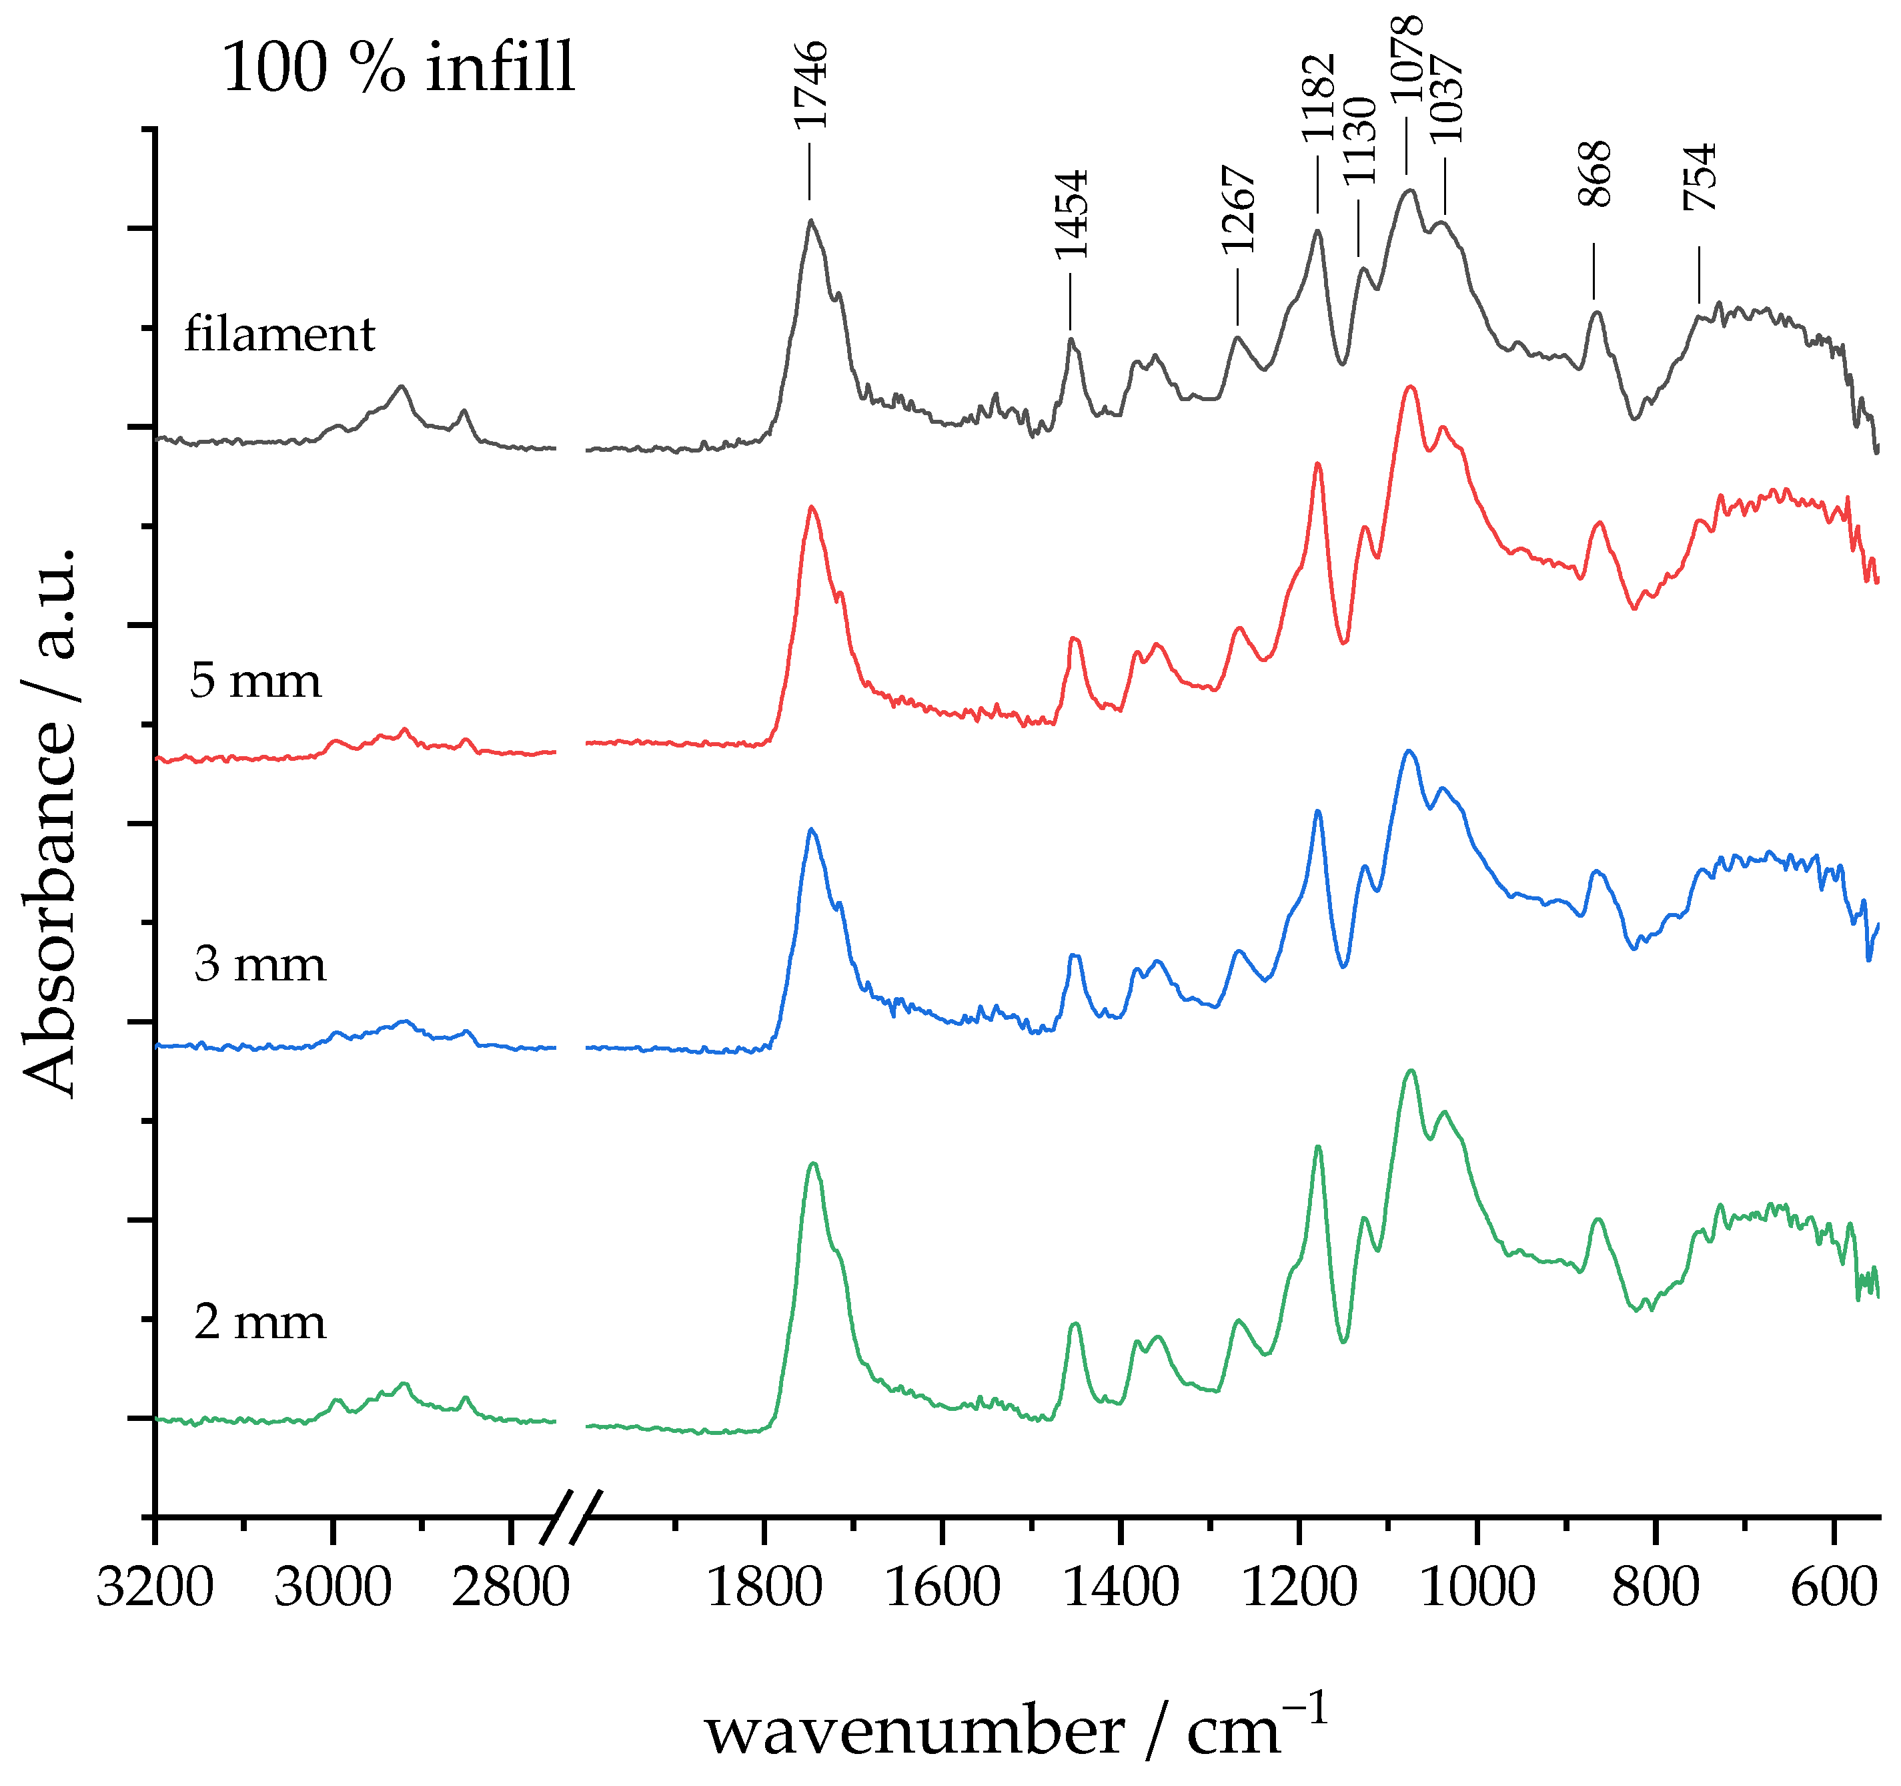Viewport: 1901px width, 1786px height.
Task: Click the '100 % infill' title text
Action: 399,69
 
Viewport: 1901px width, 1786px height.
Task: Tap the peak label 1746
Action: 811,85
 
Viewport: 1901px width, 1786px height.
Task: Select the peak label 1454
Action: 1072,214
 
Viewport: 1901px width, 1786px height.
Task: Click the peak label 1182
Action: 1319,97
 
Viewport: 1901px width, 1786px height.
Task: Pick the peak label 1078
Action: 1407,59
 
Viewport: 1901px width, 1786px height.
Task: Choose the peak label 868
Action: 1595,174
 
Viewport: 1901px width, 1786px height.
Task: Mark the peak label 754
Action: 1700,177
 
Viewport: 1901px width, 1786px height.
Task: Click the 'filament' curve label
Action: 279,335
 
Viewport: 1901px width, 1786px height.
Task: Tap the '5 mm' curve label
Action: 255,681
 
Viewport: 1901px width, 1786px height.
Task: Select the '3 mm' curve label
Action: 260,964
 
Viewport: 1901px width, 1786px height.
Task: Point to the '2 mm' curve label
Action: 260,1323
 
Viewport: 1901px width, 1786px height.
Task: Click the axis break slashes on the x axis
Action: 572,1517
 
